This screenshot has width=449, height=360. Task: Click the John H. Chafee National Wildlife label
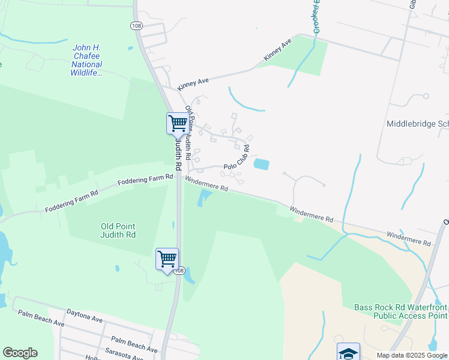click(87, 60)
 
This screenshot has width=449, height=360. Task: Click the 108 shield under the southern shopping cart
click(178, 271)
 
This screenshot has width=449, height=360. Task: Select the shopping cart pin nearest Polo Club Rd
click(178, 123)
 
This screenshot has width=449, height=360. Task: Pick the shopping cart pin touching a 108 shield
click(167, 259)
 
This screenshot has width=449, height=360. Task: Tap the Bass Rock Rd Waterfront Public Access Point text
click(400, 311)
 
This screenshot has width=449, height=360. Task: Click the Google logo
click(20, 353)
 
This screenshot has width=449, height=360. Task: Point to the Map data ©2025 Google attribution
click(411, 355)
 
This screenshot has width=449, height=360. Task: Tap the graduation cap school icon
click(348, 352)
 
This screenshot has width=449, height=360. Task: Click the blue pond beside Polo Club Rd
click(261, 164)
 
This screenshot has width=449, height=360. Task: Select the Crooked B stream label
click(316, 17)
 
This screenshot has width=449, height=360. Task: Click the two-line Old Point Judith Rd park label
click(118, 230)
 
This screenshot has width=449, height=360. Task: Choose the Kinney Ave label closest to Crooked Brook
click(277, 50)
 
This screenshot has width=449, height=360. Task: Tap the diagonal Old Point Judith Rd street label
click(188, 133)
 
